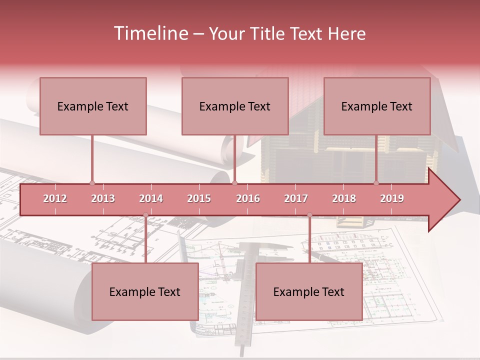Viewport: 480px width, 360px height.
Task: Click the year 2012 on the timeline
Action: pyautogui.click(x=55, y=199)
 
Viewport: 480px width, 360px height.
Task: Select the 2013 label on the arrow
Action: pyautogui.click(x=103, y=199)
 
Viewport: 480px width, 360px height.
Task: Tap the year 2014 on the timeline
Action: pyautogui.click(x=151, y=199)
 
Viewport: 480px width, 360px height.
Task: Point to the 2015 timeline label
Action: pyautogui.click(x=199, y=199)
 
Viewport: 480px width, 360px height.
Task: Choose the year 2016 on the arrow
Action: pyautogui.click(x=248, y=199)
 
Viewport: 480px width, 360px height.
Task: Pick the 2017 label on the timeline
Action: pyautogui.click(x=296, y=199)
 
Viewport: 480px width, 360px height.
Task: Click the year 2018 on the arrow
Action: pyautogui.click(x=344, y=199)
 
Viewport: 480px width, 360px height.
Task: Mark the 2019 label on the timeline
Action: pyautogui.click(x=392, y=199)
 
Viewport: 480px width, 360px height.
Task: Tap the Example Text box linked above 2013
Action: pyautogui.click(x=93, y=106)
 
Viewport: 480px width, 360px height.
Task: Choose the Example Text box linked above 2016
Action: pyautogui.click(x=235, y=106)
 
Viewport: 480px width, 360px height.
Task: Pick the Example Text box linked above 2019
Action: pyautogui.click(x=377, y=106)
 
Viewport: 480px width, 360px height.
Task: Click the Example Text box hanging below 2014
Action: pyautogui.click(x=145, y=291)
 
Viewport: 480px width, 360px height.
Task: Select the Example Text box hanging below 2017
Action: pyautogui.click(x=309, y=291)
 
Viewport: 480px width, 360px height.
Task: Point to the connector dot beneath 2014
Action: pyautogui.click(x=145, y=215)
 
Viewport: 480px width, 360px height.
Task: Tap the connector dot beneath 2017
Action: pyautogui.click(x=309, y=215)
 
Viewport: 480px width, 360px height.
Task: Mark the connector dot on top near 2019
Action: pyautogui.click(x=376, y=183)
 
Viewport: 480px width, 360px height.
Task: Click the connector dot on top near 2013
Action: pyautogui.click(x=92, y=183)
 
